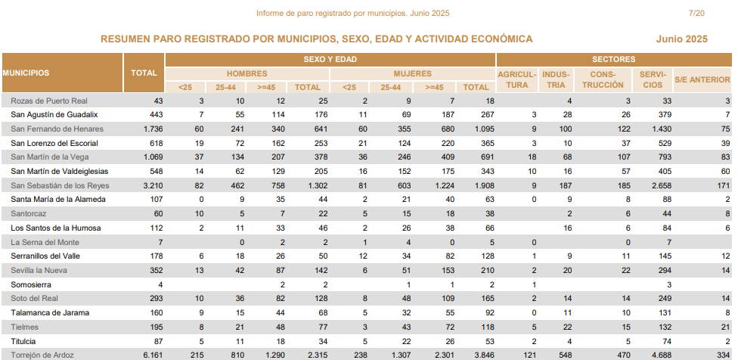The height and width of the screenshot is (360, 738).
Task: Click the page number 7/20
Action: (696, 13)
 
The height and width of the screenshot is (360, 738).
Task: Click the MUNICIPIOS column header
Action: (26, 73)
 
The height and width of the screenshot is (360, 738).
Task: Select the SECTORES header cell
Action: (614, 59)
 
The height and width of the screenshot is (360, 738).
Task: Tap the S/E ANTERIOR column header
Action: (702, 79)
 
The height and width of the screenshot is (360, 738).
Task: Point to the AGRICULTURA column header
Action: (516, 79)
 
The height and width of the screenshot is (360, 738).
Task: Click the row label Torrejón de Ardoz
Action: (42, 355)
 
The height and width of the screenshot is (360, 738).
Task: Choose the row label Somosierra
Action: (31, 284)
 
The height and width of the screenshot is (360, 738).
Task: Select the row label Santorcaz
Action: (29, 213)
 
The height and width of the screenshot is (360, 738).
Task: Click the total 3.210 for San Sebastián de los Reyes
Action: (153, 185)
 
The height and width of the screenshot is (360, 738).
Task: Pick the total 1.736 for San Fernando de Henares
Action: (153, 129)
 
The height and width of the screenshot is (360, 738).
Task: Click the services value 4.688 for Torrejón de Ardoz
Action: (662, 355)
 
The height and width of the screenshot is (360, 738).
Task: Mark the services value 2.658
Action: (662, 185)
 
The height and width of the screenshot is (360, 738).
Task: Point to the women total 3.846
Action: (484, 355)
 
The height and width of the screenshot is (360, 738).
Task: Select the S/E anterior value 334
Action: (724, 355)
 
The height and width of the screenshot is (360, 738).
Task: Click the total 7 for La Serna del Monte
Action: (160, 242)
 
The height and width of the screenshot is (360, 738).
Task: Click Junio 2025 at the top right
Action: (681, 39)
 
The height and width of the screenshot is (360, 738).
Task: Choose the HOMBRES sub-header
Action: (247, 74)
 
